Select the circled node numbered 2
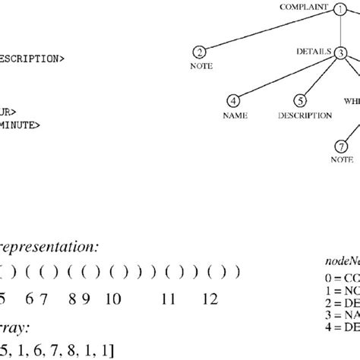199,52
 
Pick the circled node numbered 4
234,100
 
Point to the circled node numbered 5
302,100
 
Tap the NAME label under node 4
234,115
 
